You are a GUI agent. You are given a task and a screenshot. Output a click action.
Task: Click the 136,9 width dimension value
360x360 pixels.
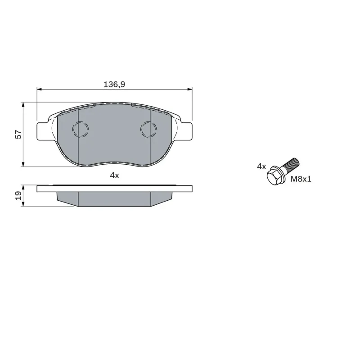click(114, 84)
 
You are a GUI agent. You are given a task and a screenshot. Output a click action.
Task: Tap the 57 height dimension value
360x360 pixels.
click(18, 134)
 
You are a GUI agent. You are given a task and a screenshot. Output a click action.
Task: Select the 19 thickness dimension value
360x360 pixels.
click(18, 195)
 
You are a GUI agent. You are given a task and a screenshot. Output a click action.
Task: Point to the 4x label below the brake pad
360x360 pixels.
click(115, 175)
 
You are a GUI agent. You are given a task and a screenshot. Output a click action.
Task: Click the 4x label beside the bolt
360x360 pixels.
click(261, 166)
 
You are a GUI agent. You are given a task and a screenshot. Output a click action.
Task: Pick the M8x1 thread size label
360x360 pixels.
click(301, 179)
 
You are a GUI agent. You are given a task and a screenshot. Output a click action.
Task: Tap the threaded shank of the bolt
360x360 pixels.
click(290, 166)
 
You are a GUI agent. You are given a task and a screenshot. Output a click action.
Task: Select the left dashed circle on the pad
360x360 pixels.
click(81, 129)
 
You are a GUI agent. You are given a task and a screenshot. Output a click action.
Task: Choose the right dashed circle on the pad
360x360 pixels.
click(148, 129)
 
